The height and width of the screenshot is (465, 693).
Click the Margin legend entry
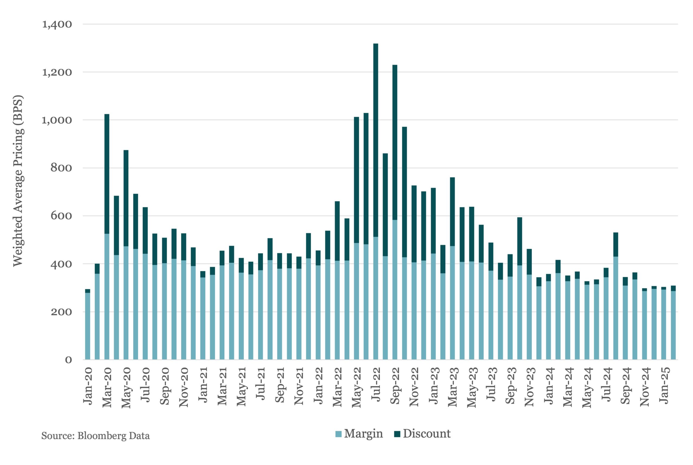tap(359, 434)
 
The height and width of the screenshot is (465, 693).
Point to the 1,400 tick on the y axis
tap(57, 24)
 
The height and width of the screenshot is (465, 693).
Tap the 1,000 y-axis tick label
tap(57, 120)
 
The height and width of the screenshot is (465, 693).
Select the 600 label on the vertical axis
tap(61, 216)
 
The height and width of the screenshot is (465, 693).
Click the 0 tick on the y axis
tap(68, 360)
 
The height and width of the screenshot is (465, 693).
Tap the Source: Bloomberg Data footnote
tap(95, 436)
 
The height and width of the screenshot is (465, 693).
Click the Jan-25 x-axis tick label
tap(664, 385)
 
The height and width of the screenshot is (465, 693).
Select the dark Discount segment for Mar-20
tap(107, 173)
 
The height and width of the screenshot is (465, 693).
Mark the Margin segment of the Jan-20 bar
tap(87, 326)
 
